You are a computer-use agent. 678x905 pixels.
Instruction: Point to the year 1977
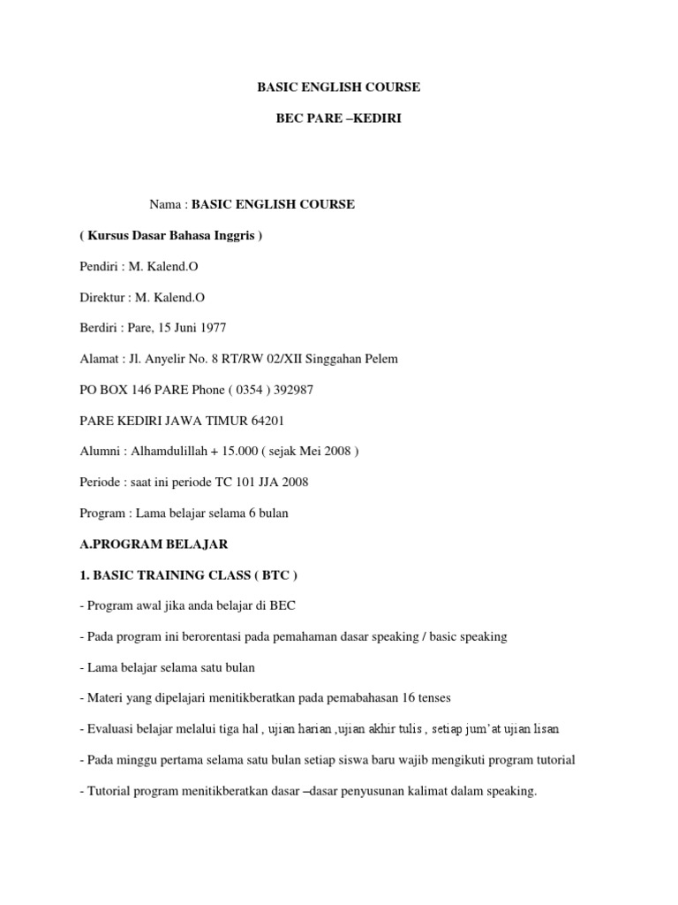(212, 328)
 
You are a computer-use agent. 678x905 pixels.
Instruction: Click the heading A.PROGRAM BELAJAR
(154, 544)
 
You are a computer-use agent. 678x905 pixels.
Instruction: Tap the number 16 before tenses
(409, 698)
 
